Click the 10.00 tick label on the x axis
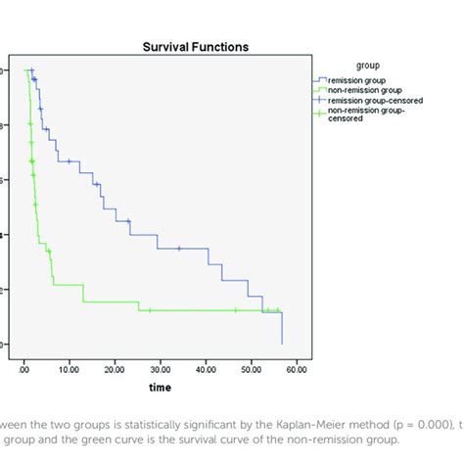pos(69,370)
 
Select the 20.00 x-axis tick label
pos(115,370)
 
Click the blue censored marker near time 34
pos(179,249)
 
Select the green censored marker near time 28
pos(150,310)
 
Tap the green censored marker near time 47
pos(236,310)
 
